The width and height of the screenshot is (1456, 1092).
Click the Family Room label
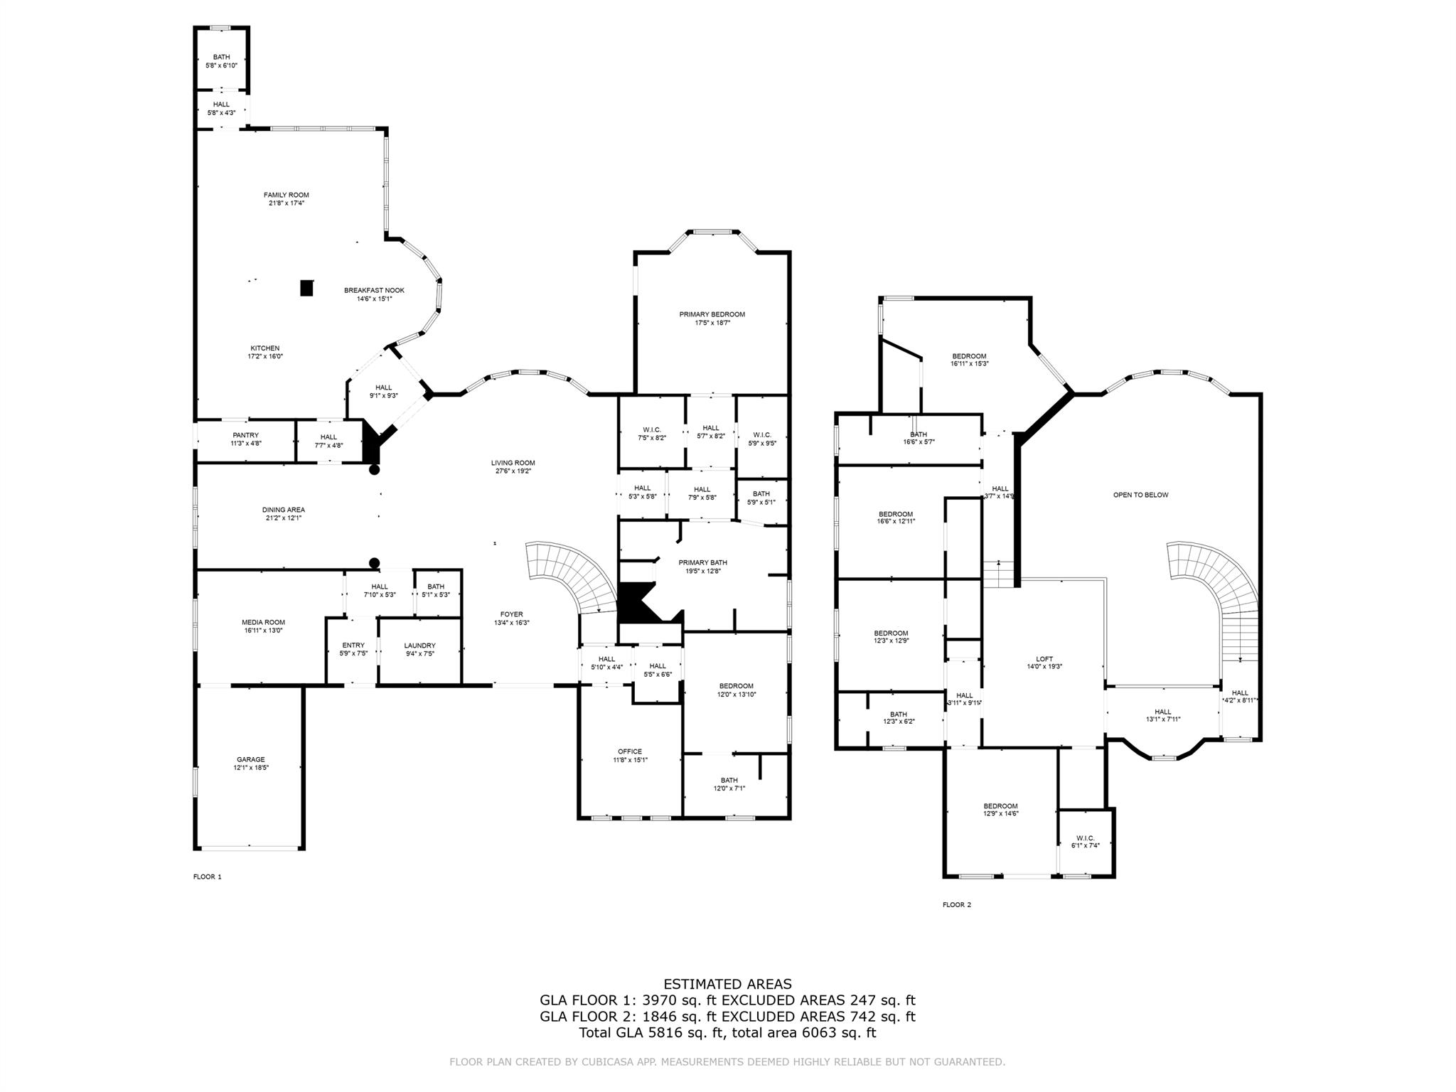click(x=286, y=195)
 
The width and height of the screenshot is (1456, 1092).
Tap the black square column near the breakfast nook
click(x=306, y=288)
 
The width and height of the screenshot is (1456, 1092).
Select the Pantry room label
click(x=245, y=435)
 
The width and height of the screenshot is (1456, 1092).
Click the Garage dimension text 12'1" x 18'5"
click(x=251, y=768)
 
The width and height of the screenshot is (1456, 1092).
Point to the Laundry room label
click(x=419, y=646)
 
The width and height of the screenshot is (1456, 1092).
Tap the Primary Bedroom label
click(x=712, y=314)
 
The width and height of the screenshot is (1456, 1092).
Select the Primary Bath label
click(x=702, y=562)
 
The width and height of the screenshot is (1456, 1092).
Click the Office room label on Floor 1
click(x=629, y=751)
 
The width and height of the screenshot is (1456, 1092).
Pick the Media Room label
click(x=263, y=622)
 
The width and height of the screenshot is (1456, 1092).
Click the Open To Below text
click(x=1140, y=495)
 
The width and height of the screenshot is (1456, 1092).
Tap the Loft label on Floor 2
click(x=1044, y=659)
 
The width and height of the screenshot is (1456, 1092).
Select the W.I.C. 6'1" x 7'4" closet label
click(x=1085, y=837)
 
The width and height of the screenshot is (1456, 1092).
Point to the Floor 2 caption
click(x=956, y=905)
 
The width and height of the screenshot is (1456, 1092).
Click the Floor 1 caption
click(x=208, y=877)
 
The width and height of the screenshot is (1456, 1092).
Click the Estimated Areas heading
click(x=727, y=984)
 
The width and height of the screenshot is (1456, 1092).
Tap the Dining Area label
click(x=283, y=510)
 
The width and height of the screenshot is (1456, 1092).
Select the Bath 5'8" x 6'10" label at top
click(x=221, y=57)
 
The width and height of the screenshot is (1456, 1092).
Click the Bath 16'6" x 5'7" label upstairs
click(x=919, y=434)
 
